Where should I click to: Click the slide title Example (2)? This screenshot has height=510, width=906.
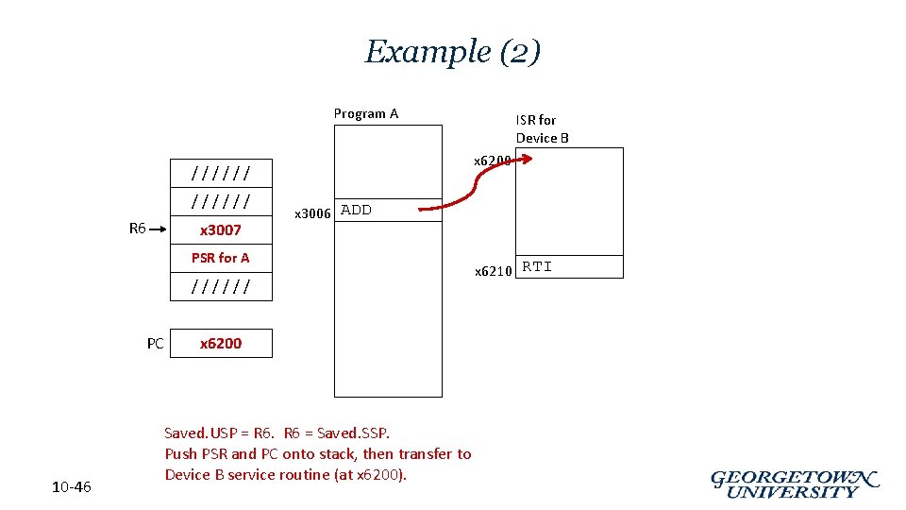[x=453, y=51]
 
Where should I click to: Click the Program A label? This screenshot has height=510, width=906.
[x=366, y=114]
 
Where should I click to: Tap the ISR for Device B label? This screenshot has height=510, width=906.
[x=542, y=128]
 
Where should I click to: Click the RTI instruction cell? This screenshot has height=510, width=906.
[x=569, y=267]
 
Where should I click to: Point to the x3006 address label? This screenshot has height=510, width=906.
[x=313, y=213]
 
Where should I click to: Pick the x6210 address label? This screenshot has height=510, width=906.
[x=493, y=271]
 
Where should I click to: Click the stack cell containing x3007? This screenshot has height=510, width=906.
[x=221, y=230]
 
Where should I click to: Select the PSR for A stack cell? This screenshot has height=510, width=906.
[x=221, y=258]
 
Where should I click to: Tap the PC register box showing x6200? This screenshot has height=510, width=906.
[x=221, y=344]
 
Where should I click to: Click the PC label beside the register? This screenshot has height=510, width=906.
[x=156, y=344]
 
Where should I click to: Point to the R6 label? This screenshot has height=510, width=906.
[x=138, y=228]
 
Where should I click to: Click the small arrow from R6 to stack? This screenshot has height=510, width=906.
[x=159, y=229]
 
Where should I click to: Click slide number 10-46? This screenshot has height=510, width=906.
[x=72, y=487]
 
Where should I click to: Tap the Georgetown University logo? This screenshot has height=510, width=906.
[x=794, y=484]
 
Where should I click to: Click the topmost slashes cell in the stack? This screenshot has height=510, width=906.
[x=221, y=174]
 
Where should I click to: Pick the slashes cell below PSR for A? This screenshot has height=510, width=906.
[x=221, y=286]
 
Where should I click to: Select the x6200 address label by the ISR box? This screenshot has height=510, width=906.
[x=492, y=161]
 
